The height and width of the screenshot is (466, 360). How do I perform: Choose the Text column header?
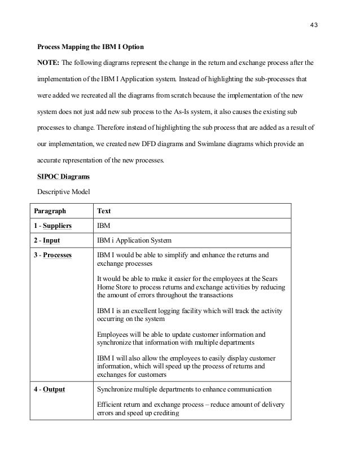tap(104, 212)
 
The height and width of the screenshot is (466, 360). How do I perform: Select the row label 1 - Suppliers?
tap(55, 226)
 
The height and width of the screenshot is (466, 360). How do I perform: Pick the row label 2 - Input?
tap(49, 241)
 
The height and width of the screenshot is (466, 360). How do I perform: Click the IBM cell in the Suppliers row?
tap(104, 226)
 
